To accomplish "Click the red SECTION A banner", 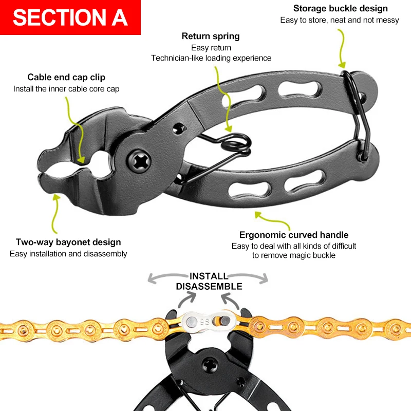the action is tap(70, 17).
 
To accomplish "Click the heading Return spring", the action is tap(211, 36).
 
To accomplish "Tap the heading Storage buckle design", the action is tap(341, 8).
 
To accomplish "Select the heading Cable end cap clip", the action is tap(66, 78).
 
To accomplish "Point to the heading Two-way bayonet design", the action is tap(68, 242).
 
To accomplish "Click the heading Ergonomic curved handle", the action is tap(294, 235).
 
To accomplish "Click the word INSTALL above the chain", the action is tap(208, 276).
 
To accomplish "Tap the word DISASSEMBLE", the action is tap(209, 287).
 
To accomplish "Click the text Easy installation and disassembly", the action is tap(68, 254).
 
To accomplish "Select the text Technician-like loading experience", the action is tap(211, 58).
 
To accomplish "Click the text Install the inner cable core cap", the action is tap(66, 89).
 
